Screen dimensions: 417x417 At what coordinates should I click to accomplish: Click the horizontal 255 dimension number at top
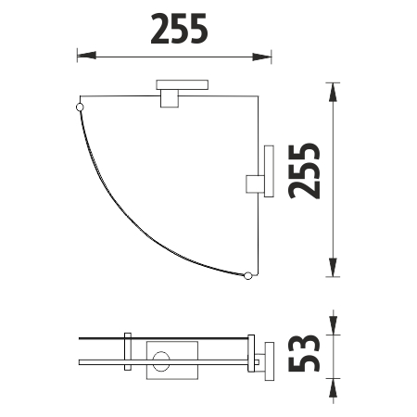tap(179, 29)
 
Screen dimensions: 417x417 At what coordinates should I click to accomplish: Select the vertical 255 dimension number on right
tap(304, 171)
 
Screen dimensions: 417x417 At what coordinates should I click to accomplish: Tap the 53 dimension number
tap(304, 353)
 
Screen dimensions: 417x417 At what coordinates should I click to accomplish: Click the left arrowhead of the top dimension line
tap(86, 56)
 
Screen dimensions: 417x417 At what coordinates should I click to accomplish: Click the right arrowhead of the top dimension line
tap(262, 57)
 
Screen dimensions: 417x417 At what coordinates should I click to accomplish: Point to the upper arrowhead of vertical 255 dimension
tap(333, 92)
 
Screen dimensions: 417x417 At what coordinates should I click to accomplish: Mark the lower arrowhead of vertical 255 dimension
tap(333, 267)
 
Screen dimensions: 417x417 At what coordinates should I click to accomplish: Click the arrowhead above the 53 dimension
tap(333, 325)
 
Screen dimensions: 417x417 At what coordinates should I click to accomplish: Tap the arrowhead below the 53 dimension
tap(333, 388)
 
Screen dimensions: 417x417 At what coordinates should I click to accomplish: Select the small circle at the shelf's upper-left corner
tap(80, 107)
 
